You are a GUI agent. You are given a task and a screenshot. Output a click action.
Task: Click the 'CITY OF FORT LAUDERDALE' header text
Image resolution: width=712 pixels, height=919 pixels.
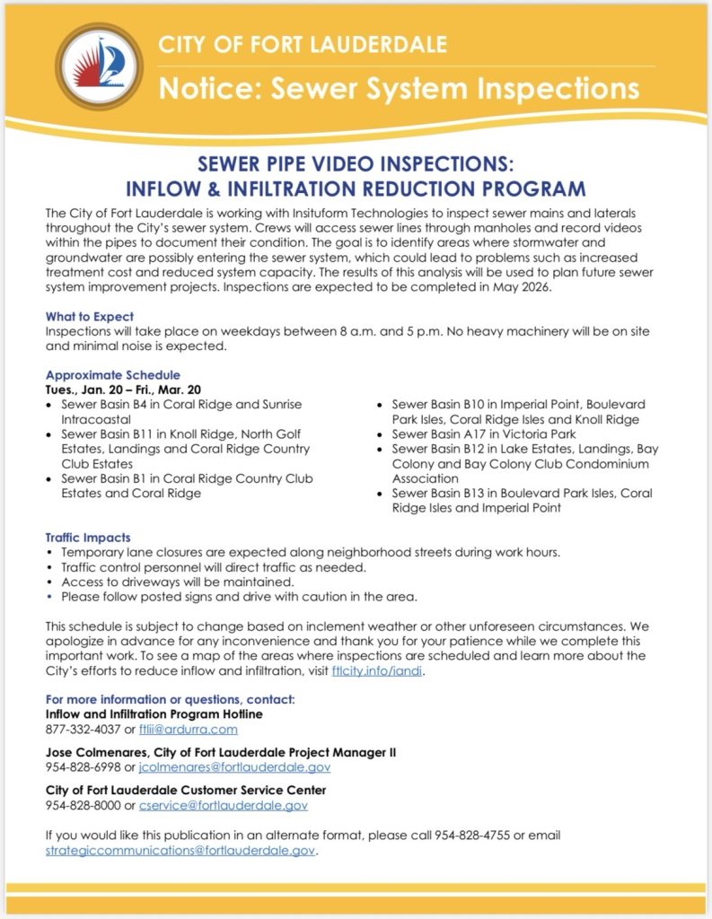coord(303,44)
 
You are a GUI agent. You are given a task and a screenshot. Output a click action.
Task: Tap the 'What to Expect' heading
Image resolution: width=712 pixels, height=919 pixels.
coord(90,317)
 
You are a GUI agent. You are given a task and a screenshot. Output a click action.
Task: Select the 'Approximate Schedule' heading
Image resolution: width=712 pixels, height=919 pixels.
coord(112,375)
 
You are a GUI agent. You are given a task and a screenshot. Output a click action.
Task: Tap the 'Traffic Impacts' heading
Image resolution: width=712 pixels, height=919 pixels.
coord(88,538)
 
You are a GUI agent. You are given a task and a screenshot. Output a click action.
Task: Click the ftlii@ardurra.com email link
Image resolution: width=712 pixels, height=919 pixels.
coord(189,730)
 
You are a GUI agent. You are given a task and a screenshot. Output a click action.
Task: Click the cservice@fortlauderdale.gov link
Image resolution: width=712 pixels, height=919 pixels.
coord(218,805)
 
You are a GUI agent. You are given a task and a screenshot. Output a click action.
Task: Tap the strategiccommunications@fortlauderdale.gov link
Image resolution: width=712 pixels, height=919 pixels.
coord(180,850)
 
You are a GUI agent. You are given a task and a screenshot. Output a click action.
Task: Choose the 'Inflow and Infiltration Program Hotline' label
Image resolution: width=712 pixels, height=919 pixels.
coord(154,714)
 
